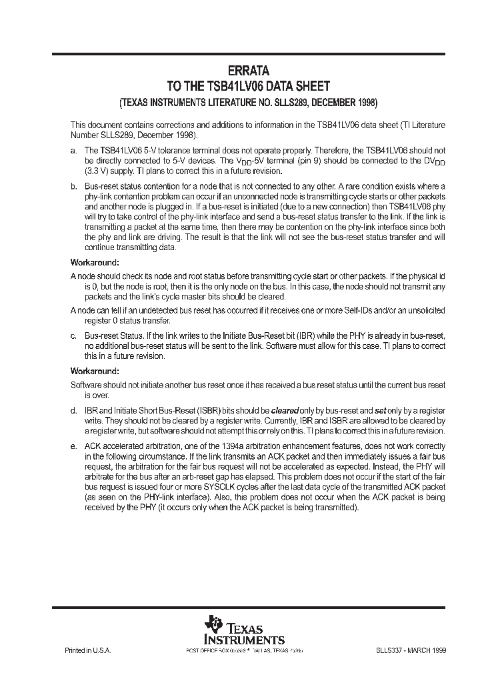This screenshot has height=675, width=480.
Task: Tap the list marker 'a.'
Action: (x=73, y=151)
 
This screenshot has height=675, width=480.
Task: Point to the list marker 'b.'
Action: (x=73, y=186)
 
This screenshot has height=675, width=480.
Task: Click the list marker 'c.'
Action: (x=73, y=337)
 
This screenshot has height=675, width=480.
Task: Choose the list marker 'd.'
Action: (x=73, y=411)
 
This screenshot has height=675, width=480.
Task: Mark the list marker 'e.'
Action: (x=73, y=446)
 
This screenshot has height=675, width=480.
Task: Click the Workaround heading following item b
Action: (x=95, y=261)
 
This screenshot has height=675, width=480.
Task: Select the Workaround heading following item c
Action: (x=95, y=371)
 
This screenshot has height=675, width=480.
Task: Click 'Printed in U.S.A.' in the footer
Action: (x=87, y=650)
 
